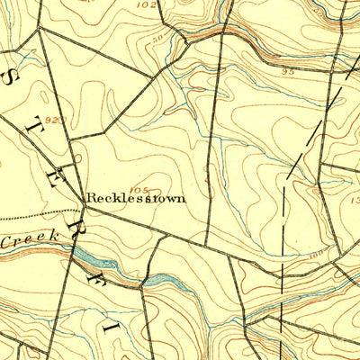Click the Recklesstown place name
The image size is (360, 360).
136,197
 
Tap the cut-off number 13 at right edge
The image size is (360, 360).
354,200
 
